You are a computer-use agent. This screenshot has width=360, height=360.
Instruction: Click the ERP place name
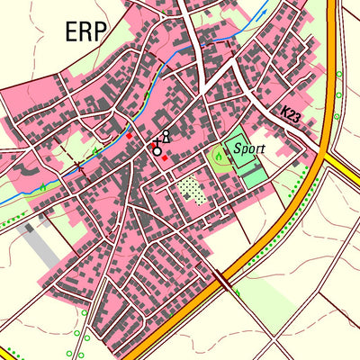pos(85,31)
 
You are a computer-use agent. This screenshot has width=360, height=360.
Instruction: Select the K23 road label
pos(290,114)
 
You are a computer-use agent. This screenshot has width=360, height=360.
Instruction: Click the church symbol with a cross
pos(157,148)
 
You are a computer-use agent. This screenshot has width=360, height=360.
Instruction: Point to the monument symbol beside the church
pos(166,137)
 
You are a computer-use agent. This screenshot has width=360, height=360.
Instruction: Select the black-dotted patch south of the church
pos(190,189)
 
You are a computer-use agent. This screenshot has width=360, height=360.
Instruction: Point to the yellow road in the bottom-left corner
pos(9,352)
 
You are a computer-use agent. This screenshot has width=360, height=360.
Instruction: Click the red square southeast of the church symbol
pos(165,158)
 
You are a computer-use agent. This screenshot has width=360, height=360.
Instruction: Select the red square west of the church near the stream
pos(129,135)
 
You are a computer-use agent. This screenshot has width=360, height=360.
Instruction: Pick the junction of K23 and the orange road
pos(321,150)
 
